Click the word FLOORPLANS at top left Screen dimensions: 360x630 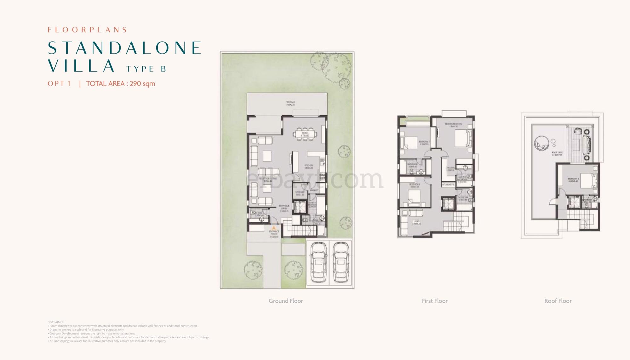tap(87, 30)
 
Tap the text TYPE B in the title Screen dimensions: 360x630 tap(146, 69)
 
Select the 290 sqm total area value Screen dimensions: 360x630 tap(142, 84)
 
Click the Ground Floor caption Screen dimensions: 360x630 tap(286, 301)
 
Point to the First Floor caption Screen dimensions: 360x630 tap(435, 301)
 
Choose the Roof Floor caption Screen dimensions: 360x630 tap(558, 301)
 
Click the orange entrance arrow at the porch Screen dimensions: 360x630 tap(274, 227)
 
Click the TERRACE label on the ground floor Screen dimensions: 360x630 tap(290, 102)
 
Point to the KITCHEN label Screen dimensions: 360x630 tap(308, 165)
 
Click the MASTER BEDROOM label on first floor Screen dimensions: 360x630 tap(454, 124)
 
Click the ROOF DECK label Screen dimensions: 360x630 tap(557, 153)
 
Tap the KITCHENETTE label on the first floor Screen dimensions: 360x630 tap(448, 185)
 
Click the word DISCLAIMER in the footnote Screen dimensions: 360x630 tap(56, 322)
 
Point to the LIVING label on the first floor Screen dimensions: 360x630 tap(417, 222)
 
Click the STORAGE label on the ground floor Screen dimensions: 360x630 tap(300, 192)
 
